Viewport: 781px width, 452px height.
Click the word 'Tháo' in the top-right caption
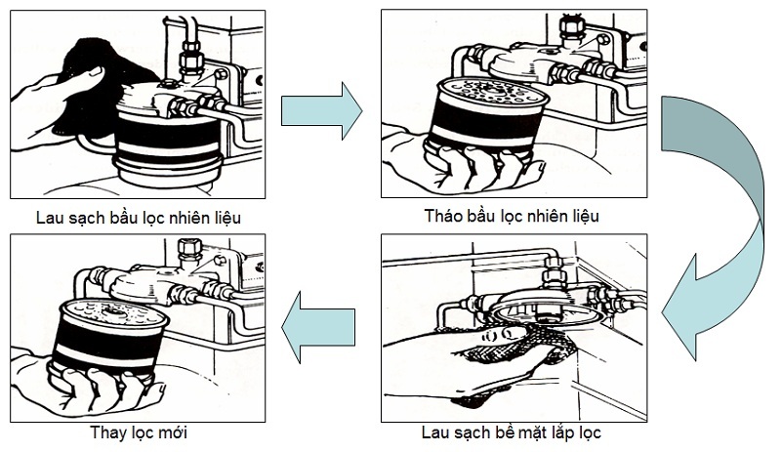click(445, 215)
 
